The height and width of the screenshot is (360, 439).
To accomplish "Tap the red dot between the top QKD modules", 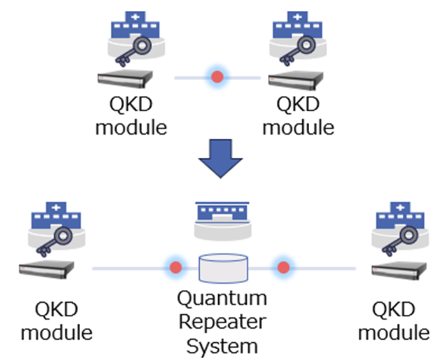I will coord(218,78).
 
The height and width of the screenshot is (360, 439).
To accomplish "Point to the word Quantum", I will coord(222,297).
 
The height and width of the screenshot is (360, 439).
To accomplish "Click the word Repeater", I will coord(222,321).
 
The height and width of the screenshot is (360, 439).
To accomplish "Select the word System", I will coord(222,345).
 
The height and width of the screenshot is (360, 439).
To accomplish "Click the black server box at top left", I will coord(126,80).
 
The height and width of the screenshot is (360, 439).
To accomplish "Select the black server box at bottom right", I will coord(397,270).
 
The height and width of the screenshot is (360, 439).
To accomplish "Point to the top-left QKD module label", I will coord(130,115).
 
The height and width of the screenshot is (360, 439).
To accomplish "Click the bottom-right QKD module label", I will coord(393,321).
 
